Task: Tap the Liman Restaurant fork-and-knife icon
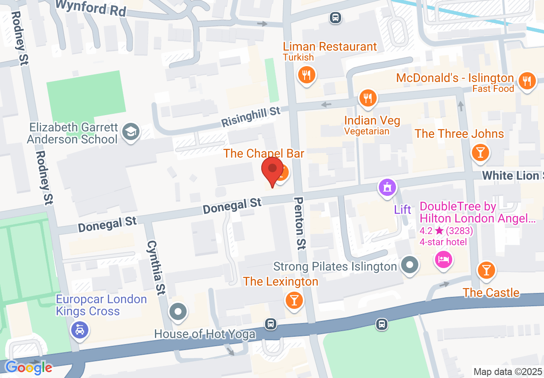tap(306, 76)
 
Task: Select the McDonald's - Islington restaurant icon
tap(526, 80)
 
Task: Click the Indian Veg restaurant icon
tap(367, 98)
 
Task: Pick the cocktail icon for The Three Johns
tap(480, 152)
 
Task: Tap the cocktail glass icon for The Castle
tap(486, 270)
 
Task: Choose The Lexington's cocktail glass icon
tap(294, 299)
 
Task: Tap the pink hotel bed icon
tap(444, 259)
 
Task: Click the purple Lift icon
tap(387, 187)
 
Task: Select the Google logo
tap(29, 367)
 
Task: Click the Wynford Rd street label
tap(91, 7)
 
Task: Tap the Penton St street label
tap(300, 223)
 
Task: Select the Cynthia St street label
tap(156, 267)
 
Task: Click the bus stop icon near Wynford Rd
tap(335, 18)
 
